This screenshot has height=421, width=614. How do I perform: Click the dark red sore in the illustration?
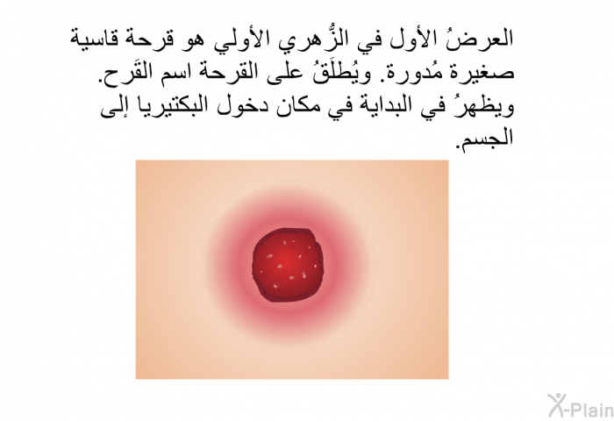(288, 266)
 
